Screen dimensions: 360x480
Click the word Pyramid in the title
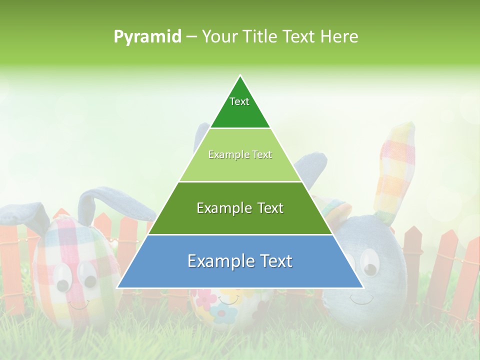point(147,36)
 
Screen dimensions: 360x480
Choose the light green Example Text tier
point(240,155)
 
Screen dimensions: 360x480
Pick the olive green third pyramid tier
point(240,208)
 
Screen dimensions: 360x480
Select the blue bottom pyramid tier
point(240,261)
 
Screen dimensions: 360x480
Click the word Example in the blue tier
point(218,261)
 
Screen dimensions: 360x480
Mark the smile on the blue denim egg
point(361,300)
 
